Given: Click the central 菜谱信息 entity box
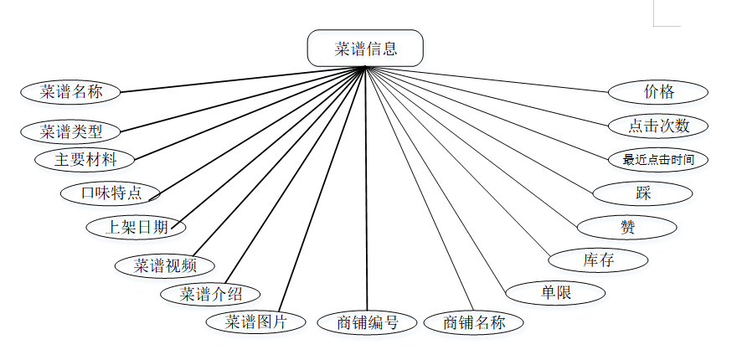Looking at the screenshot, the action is click(365, 49).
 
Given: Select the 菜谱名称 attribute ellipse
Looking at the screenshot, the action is click(70, 91).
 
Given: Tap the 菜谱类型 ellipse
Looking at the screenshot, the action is click(70, 131).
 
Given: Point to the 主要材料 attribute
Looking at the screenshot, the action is click(85, 160).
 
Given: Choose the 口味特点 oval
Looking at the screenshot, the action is click(111, 193).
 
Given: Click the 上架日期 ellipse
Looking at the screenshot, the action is click(137, 228).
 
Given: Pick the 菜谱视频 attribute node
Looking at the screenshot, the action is click(165, 266).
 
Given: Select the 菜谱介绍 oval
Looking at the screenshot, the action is click(210, 294).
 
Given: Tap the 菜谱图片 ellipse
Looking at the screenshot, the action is click(256, 322).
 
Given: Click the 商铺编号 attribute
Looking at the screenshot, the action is click(367, 322).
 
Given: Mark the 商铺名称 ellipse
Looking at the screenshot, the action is click(474, 322).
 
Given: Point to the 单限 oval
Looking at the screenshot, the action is click(555, 293).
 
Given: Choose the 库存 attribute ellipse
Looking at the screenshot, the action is click(598, 260).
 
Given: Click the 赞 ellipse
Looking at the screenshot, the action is click(627, 228).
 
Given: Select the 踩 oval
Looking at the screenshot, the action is click(642, 193).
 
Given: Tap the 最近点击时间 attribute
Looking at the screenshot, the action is click(658, 160).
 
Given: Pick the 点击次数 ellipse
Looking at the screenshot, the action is click(658, 126).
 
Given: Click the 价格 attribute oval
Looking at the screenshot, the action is click(658, 92).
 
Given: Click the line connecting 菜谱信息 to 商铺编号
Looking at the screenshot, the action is click(366, 189).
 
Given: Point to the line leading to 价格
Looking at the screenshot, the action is click(487, 80).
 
